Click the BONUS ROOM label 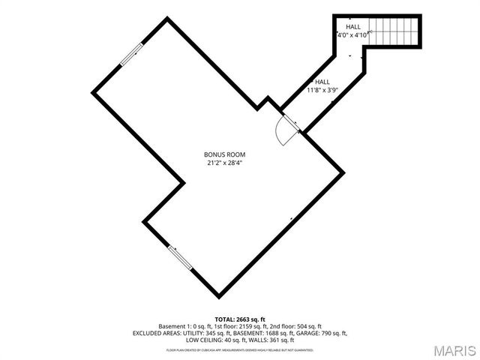click(x=225, y=154)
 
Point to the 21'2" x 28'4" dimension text click(x=225, y=162)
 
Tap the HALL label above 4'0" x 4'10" click(x=353, y=27)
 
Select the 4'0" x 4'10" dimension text click(x=352, y=35)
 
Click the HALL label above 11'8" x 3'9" click(x=322, y=82)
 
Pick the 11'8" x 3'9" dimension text click(x=322, y=90)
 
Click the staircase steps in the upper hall click(x=395, y=31)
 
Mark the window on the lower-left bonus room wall click(x=179, y=259)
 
